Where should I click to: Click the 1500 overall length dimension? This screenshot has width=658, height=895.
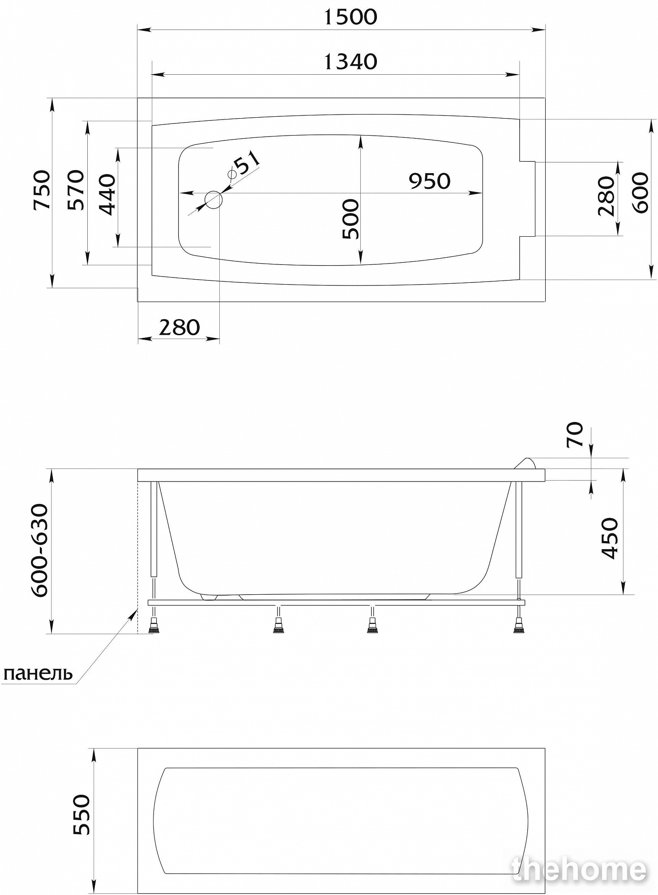point(350,17)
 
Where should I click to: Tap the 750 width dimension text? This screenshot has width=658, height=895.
point(42,190)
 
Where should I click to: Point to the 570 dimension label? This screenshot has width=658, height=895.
point(76,190)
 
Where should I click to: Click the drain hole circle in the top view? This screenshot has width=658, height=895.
point(214,200)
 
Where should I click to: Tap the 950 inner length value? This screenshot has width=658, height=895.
point(429,181)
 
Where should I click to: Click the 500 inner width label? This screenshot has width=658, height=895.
point(350,219)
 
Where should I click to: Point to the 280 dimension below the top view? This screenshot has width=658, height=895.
point(179,328)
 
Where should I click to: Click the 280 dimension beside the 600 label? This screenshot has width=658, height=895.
point(607,196)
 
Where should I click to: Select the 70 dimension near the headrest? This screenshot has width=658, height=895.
point(575,434)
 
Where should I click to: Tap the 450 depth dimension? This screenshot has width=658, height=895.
point(609,538)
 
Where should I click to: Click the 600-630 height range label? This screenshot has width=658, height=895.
point(39,550)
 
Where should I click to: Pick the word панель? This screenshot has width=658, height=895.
point(38,673)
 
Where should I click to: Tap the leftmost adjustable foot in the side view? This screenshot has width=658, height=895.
point(154,625)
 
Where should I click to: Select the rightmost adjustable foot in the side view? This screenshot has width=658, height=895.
point(519,625)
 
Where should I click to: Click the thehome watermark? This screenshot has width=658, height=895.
point(580,869)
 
